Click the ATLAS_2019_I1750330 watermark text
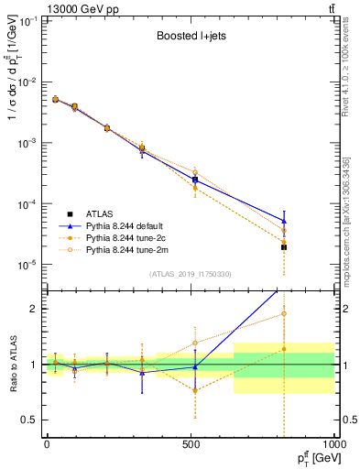click(x=188, y=274)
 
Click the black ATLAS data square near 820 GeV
click(x=284, y=247)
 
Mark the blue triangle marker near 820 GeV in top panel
click(x=284, y=221)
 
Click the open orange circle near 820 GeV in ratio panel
click(x=284, y=313)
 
